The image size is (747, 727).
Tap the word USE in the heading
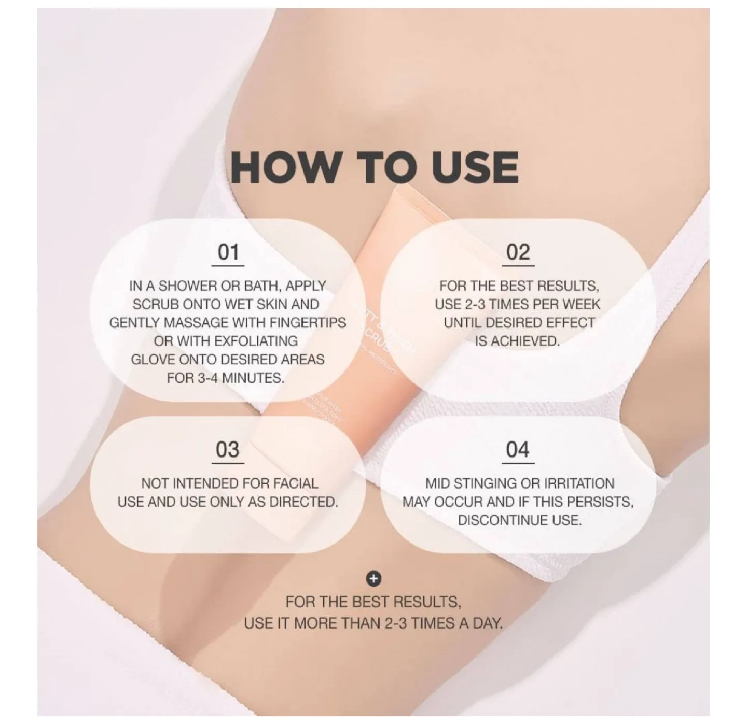click(x=475, y=167)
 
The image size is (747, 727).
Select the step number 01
click(x=228, y=252)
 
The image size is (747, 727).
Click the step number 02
click(x=518, y=252)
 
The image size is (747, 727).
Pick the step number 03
click(x=228, y=450)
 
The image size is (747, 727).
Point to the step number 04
click(x=518, y=450)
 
